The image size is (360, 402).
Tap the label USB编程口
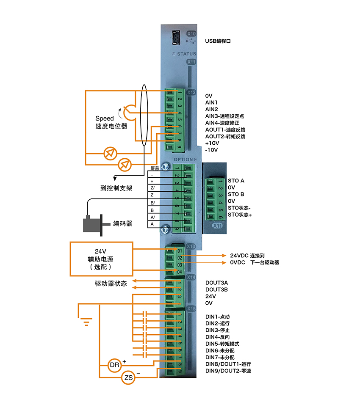[218, 41]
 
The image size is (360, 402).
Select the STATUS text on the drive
[185, 54]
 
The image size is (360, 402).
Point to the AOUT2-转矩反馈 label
[225, 136]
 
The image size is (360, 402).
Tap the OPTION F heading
[186, 159]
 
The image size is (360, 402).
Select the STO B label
[236, 194]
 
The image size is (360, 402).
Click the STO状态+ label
[240, 215]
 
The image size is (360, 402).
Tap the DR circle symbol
[115, 365]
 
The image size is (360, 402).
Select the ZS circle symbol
[128, 378]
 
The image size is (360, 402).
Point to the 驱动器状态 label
[111, 284]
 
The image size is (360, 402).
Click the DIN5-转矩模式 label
[222, 344]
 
